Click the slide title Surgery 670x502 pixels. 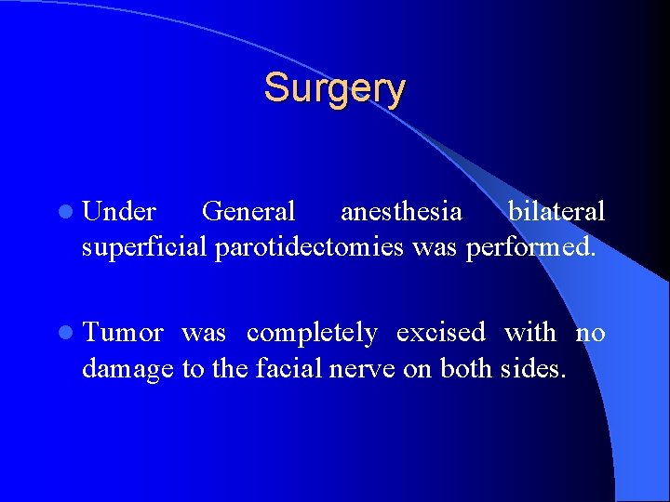[334, 89]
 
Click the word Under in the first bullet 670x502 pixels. [119, 213]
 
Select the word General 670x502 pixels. [248, 213]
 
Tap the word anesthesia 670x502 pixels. [401, 213]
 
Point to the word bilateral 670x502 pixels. [556, 213]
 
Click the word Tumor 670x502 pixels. [123, 333]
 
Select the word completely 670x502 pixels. [312, 333]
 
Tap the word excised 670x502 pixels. [441, 333]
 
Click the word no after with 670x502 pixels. [590, 333]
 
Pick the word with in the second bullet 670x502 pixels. [530, 333]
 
